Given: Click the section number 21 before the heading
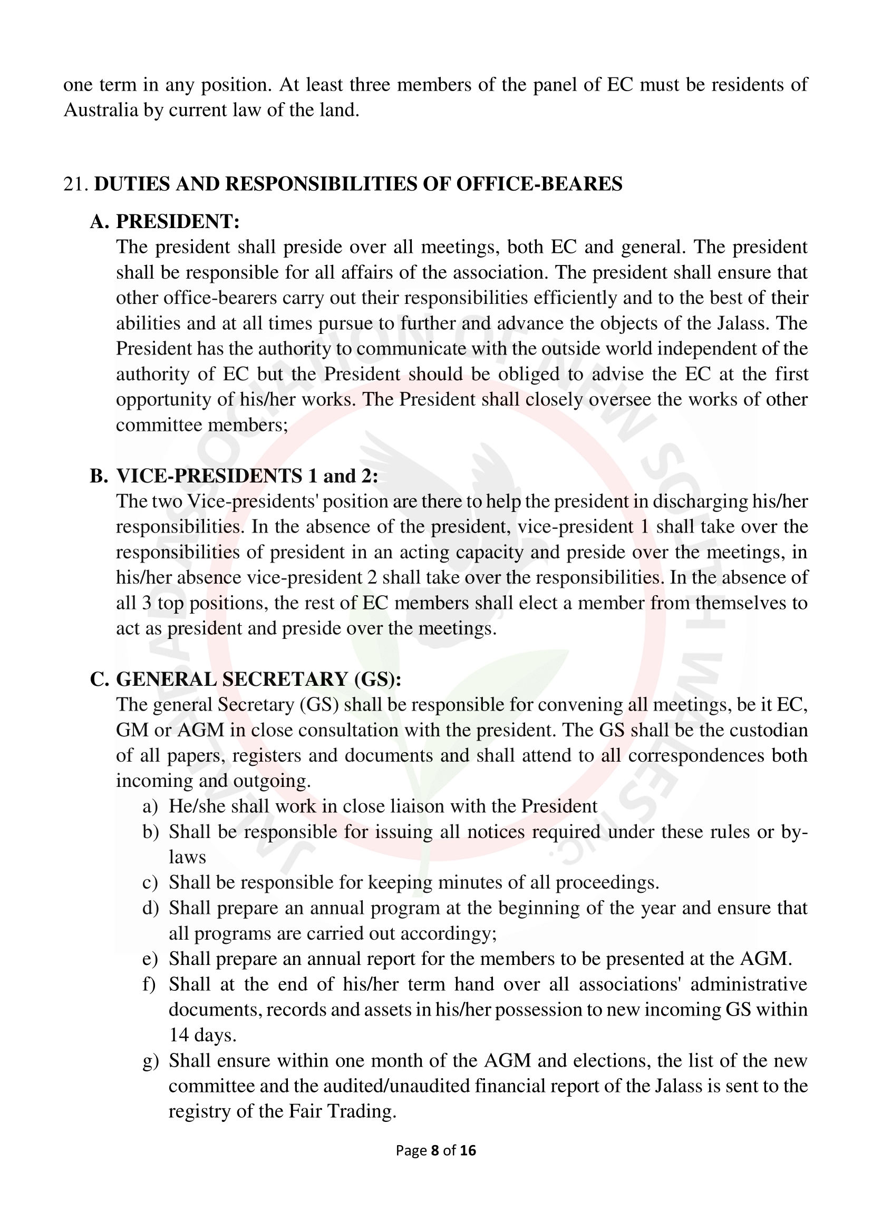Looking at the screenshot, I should tap(75, 184).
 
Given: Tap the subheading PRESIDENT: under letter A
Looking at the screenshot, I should tap(178, 222).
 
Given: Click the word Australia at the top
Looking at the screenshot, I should tap(100, 110).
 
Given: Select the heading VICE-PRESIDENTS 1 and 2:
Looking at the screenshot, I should tap(247, 476).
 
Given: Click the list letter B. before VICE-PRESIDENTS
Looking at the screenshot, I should tap(99, 476).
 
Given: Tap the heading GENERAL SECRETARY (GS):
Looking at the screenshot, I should tap(259, 679).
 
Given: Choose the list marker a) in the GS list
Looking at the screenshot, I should tap(150, 806).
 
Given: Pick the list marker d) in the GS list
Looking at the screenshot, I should tap(150, 909).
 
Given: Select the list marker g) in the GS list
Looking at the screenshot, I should tap(150, 1061).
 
